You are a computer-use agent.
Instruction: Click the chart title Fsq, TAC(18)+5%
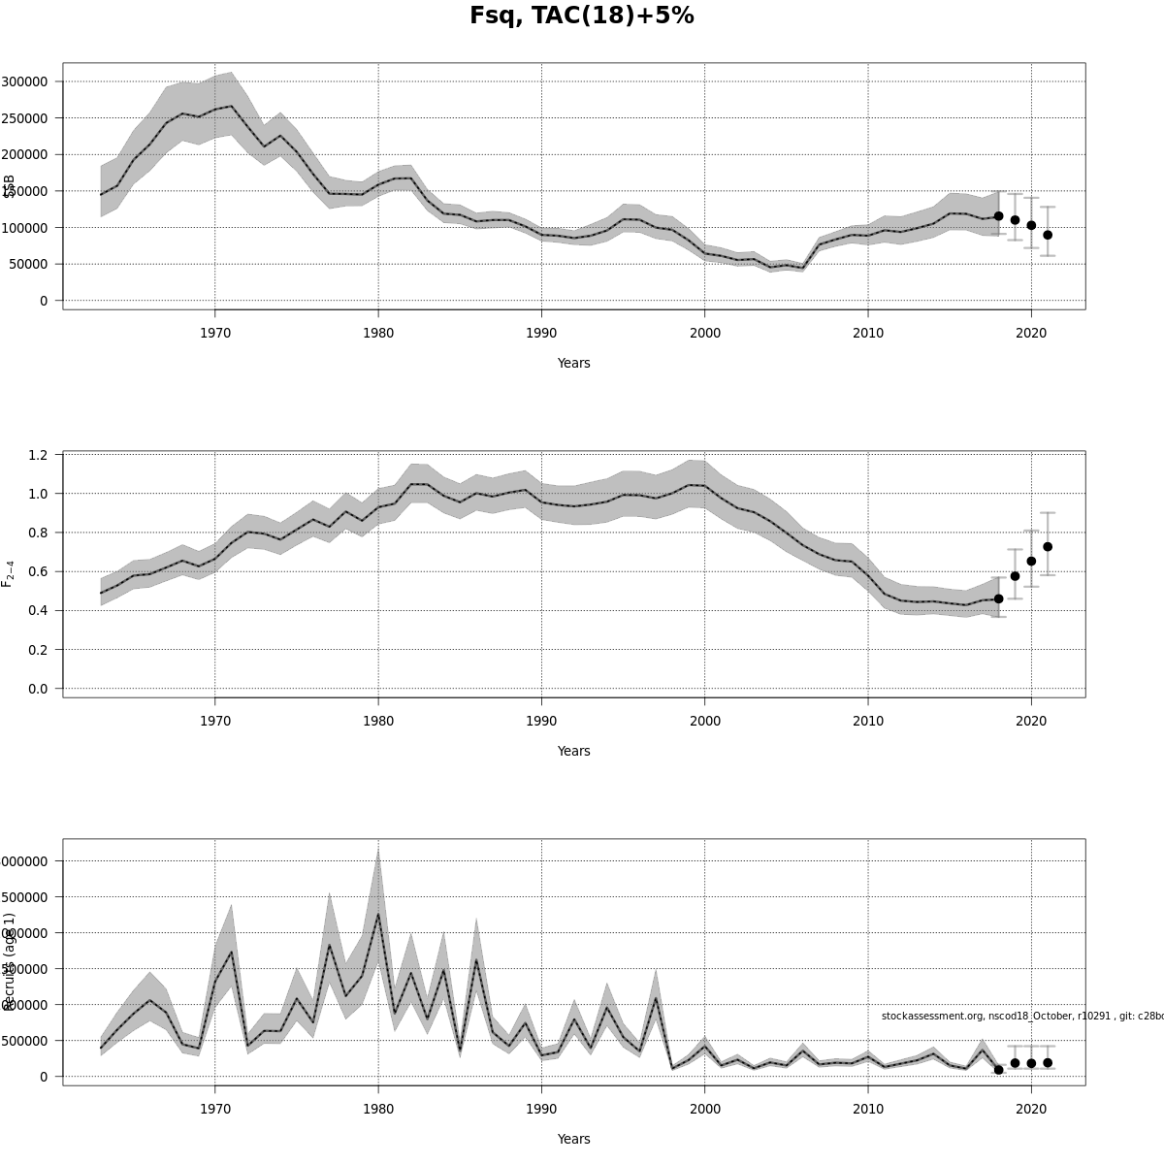pos(582,16)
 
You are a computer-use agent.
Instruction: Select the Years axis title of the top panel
pos(573,363)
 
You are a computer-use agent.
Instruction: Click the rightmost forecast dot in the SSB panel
pos(1048,235)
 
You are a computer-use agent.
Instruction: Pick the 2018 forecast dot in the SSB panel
pos(998,216)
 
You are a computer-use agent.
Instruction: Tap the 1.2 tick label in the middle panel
pos(39,455)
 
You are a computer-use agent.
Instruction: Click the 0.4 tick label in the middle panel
pos(39,610)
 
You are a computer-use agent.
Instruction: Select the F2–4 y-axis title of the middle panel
pos(8,573)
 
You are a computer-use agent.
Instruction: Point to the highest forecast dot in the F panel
pos(1048,547)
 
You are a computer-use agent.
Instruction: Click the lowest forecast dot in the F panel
pos(998,598)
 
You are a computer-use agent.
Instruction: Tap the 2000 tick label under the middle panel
pos(705,721)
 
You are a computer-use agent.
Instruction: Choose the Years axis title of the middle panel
pos(573,751)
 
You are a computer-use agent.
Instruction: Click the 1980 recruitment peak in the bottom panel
pos(378,914)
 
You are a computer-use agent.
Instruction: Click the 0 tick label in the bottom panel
pos(44,1077)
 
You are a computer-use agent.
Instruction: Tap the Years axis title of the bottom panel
pos(573,1139)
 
